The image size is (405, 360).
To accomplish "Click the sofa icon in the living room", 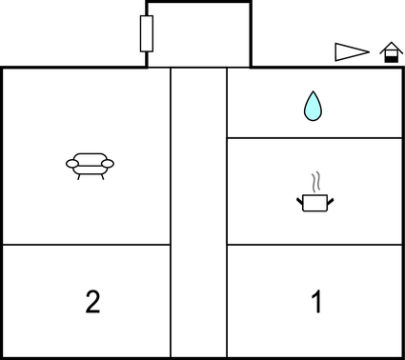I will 90,166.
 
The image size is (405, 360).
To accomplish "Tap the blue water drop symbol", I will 313,106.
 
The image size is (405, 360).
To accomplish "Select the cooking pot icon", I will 314,201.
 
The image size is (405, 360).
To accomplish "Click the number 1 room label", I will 316,303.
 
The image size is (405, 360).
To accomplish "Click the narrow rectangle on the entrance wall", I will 147,33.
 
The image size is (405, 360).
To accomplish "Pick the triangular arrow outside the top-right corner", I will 351,52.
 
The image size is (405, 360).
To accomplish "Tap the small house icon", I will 390,52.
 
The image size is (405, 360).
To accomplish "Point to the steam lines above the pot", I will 315,182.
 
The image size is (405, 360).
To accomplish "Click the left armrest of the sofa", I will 71,165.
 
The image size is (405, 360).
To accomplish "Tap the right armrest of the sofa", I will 108,165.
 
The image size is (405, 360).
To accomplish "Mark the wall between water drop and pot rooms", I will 314,138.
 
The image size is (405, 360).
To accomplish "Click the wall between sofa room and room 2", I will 86,245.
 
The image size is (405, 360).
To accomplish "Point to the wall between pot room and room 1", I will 314,245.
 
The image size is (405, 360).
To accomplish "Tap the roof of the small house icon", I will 390,47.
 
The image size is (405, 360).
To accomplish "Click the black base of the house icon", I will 390,58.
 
